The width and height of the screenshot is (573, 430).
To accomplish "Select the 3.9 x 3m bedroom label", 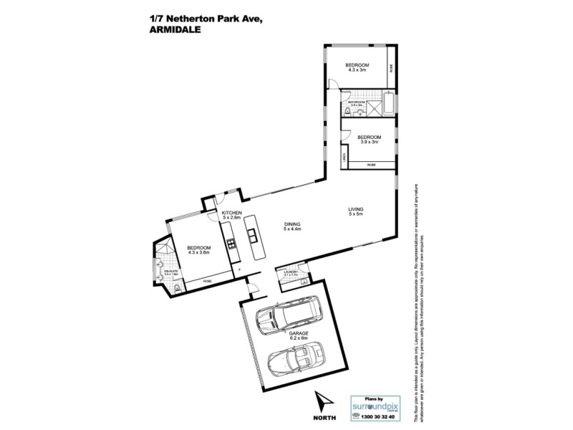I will [369, 140].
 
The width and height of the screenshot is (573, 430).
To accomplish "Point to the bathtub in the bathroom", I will [388, 104].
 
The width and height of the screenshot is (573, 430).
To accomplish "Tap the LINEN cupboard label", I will [345, 157].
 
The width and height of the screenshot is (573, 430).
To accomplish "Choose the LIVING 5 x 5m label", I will [357, 211].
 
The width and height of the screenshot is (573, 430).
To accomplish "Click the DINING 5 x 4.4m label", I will [292, 226].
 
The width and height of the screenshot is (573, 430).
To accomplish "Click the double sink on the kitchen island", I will [253, 235].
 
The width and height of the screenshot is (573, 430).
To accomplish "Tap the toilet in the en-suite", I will [176, 288].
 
